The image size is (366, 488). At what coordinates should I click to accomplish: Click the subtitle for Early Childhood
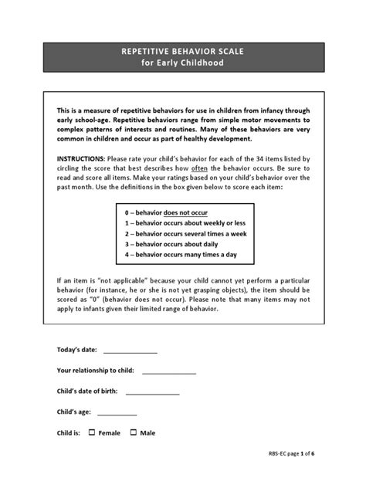click(x=182, y=63)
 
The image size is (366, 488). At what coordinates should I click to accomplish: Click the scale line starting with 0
click(x=165, y=212)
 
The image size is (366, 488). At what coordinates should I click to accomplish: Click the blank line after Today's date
click(x=130, y=351)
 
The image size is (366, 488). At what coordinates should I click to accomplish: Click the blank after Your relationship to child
click(x=168, y=371)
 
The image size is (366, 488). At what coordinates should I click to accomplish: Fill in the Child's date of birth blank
click(x=152, y=391)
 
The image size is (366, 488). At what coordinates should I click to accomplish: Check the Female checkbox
click(x=91, y=432)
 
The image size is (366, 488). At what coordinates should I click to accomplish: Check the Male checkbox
click(x=134, y=432)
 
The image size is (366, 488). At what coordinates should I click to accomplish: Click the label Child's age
click(x=76, y=412)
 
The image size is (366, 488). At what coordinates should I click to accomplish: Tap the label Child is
click(x=69, y=432)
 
